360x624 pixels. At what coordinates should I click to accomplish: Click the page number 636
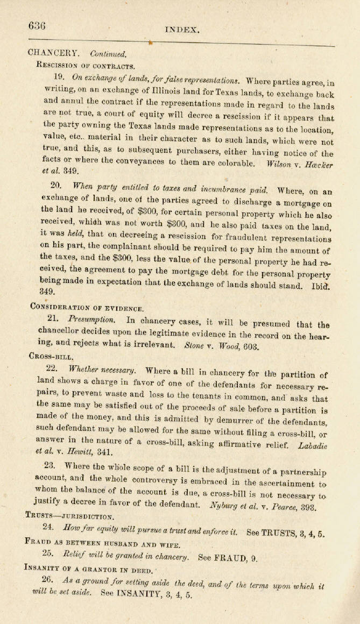(37, 26)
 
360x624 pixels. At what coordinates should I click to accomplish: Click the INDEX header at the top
(182, 30)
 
